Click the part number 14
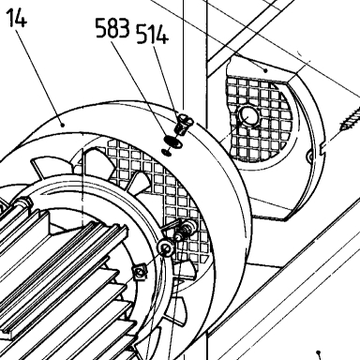click(17, 17)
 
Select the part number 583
click(112, 28)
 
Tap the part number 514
click(153, 34)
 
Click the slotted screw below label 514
click(185, 124)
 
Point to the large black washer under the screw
click(173, 142)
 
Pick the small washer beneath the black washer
click(166, 152)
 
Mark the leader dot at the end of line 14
click(63, 125)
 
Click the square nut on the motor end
click(140, 272)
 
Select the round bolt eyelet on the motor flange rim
click(166, 248)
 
